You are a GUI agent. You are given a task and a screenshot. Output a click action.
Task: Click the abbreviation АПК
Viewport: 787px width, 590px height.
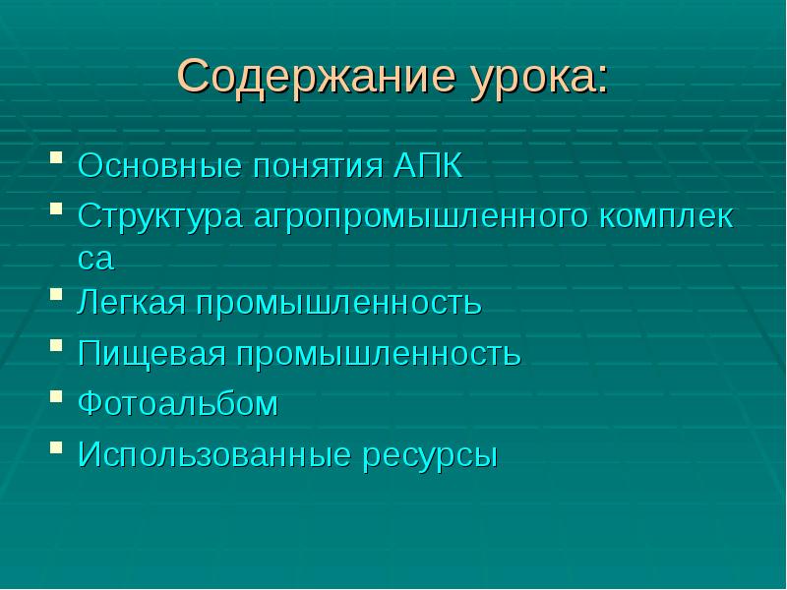(x=427, y=165)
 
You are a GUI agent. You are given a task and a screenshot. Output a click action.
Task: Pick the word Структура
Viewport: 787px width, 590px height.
(x=159, y=217)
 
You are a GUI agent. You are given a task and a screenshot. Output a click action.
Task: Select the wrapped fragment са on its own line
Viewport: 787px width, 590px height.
(x=96, y=258)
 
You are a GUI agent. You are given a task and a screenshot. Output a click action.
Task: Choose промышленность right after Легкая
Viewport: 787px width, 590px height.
(x=338, y=303)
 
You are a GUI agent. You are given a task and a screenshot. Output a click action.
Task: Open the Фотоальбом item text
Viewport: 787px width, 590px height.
(x=178, y=404)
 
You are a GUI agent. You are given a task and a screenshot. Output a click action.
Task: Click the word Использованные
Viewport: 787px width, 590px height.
(x=207, y=455)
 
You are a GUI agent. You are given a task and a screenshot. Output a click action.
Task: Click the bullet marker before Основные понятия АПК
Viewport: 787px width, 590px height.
(x=57, y=156)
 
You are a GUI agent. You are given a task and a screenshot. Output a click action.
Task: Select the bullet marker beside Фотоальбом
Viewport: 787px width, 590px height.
(x=57, y=395)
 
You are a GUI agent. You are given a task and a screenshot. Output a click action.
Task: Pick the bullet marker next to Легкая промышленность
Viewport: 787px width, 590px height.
(x=57, y=294)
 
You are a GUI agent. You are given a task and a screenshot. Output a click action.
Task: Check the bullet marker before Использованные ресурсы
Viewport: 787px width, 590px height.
(x=57, y=446)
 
